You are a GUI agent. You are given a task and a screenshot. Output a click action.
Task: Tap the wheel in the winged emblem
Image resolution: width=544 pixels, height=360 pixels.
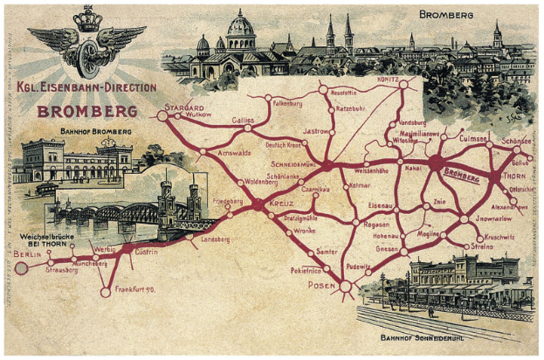[86, 55]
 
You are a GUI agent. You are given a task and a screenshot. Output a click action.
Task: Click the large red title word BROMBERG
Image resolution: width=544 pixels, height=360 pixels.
[86, 112]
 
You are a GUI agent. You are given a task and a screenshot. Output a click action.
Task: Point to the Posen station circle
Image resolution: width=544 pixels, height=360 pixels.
[346, 286]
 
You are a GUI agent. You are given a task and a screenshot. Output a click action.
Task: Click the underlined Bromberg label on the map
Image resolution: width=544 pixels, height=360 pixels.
[462, 177]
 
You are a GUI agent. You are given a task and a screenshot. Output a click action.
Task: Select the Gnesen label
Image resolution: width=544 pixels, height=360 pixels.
[386, 248]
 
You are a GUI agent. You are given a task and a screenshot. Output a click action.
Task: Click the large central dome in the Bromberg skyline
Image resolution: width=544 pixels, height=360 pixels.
[239, 31]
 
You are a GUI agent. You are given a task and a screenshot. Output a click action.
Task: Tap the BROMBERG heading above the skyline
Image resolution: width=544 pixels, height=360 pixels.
[447, 15]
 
